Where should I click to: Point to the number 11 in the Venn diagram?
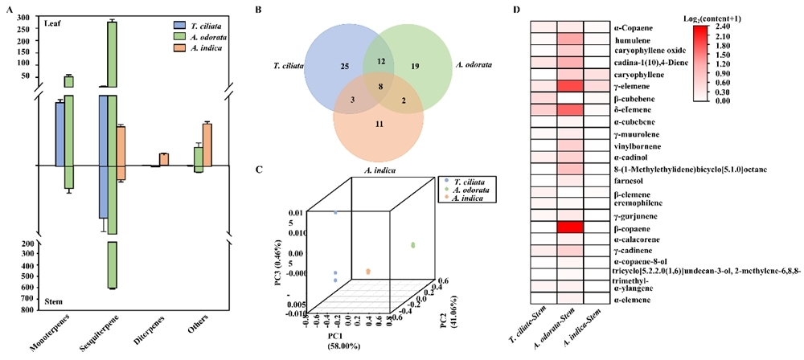click(379, 125)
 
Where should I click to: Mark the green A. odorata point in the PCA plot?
click(414, 244)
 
